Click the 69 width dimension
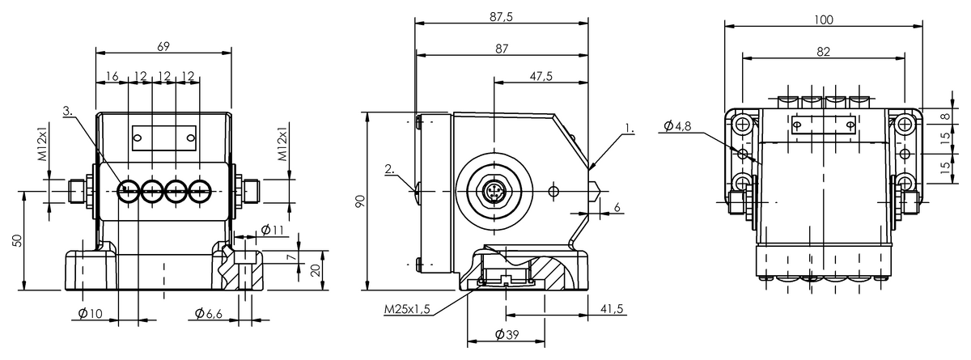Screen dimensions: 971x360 (x=163, y=46)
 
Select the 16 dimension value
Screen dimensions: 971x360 (x=112, y=77)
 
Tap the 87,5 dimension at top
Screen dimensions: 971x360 (x=501, y=16)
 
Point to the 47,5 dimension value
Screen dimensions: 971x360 (x=541, y=76)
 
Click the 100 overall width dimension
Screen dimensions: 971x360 (x=823, y=20)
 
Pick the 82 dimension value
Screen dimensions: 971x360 (x=823, y=52)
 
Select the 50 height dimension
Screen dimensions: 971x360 (x=16, y=241)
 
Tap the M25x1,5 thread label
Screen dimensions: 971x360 (x=406, y=309)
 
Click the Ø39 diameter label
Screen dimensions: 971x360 (x=507, y=334)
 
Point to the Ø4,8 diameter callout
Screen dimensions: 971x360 (x=677, y=126)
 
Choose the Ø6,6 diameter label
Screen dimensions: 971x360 (x=209, y=313)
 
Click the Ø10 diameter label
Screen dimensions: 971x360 (x=90, y=313)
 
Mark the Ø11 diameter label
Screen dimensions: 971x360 (x=272, y=230)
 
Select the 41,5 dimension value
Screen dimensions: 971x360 (x=612, y=308)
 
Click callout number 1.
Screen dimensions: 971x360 (x=630, y=129)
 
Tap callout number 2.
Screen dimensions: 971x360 (x=390, y=169)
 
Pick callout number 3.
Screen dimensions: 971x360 (x=68, y=111)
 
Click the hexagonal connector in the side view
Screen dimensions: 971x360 (x=494, y=191)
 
